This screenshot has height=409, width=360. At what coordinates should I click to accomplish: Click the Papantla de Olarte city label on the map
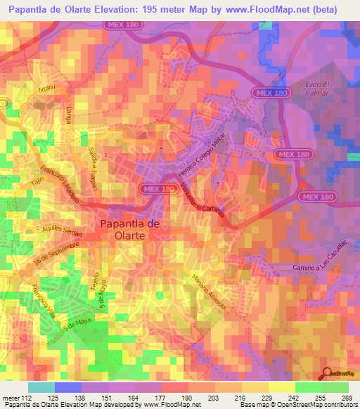click(122, 230)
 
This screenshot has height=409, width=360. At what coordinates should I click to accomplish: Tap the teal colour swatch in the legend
click(41, 387)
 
